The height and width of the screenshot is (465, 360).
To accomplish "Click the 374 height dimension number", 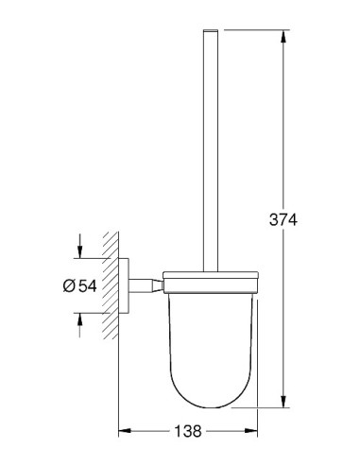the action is (x=283, y=219).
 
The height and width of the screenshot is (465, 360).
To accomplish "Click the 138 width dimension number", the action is (x=188, y=431).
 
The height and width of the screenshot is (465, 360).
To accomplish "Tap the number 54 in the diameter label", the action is (x=88, y=285).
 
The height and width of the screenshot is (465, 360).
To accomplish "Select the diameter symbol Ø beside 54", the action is (x=69, y=285).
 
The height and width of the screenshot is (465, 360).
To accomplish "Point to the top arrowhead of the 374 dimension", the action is (x=283, y=36).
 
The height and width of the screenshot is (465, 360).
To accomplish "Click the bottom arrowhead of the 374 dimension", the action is (x=283, y=402).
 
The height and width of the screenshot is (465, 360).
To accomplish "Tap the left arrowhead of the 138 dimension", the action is (x=125, y=430).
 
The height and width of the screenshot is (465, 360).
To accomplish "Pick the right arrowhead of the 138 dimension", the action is (x=251, y=430).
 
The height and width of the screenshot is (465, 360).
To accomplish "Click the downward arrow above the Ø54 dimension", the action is (x=79, y=246).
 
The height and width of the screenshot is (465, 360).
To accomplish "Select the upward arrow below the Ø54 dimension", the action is (x=79, y=325).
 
